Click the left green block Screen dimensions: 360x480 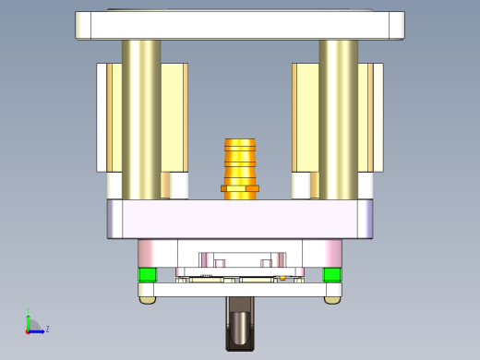pyautogui.click(x=147, y=274)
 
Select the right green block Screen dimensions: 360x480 pyautogui.click(x=332, y=274)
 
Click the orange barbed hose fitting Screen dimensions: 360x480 pyautogui.click(x=240, y=161)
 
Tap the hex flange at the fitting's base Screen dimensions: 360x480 pyautogui.click(x=240, y=188)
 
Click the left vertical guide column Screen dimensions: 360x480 pyautogui.click(x=141, y=120)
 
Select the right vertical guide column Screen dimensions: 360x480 pyautogui.click(x=339, y=120)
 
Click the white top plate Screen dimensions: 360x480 pyautogui.click(x=240, y=25)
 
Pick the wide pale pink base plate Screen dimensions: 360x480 pyautogui.click(x=240, y=219)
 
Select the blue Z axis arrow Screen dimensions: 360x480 pyautogui.click(x=38, y=330)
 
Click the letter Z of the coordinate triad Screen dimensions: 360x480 pyautogui.click(x=47, y=329)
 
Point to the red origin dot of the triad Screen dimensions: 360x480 pyautogui.click(x=29, y=330)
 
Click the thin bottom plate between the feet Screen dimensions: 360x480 pyautogui.click(x=240, y=290)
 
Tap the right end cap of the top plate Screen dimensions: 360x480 pyautogui.click(x=396, y=25)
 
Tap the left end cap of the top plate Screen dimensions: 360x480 pyautogui.click(x=83, y=25)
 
